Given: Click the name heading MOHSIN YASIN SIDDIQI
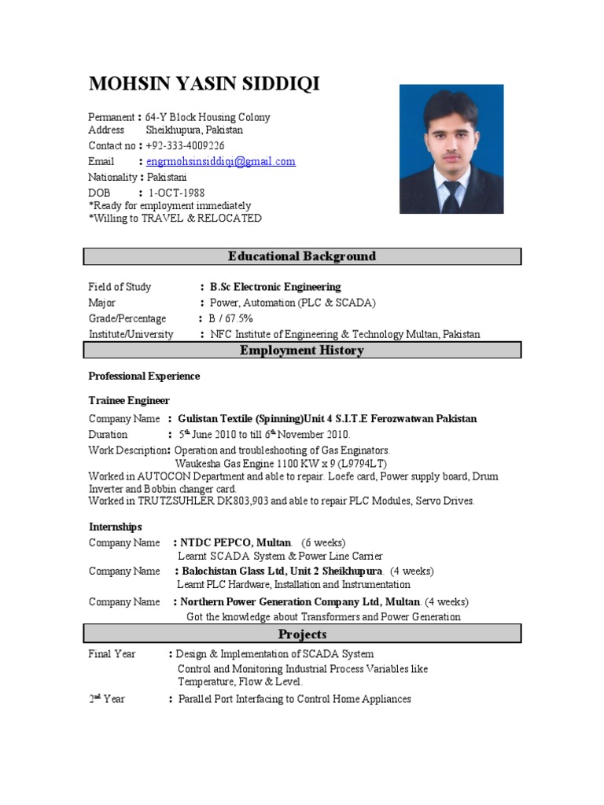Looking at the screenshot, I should pyautogui.click(x=204, y=84).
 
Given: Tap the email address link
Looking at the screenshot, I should pyautogui.click(x=220, y=161).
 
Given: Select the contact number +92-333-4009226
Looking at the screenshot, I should pyautogui.click(x=185, y=145).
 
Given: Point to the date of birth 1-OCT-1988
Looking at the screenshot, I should pyautogui.click(x=177, y=193).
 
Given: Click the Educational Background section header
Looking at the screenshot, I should pyautogui.click(x=302, y=256).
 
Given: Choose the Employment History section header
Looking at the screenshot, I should pyautogui.click(x=302, y=351).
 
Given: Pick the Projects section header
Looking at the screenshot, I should pyautogui.click(x=302, y=634).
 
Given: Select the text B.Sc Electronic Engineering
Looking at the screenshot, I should pyautogui.click(x=275, y=287).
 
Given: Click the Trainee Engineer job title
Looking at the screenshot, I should pyautogui.click(x=129, y=400).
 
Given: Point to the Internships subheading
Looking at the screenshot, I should pyautogui.click(x=115, y=526).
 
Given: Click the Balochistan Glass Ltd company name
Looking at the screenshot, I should pyautogui.click(x=282, y=571).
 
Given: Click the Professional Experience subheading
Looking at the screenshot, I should pyautogui.click(x=144, y=376).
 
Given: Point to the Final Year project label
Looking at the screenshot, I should pyautogui.click(x=112, y=653).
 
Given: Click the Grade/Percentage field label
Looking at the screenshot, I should pyautogui.click(x=127, y=318).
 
